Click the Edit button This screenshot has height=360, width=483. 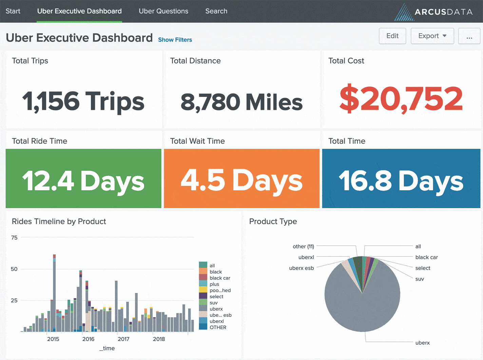392,36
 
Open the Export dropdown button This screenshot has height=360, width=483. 432,36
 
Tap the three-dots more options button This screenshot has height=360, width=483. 469,36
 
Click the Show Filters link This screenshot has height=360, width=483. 175,40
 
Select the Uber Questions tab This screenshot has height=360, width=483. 163,11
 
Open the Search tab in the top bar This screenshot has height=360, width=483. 216,11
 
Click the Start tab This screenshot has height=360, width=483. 13,11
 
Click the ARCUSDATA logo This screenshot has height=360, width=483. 434,12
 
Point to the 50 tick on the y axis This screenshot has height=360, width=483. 14,269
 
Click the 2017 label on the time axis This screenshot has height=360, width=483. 123,339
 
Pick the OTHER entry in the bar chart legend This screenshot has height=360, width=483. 218,327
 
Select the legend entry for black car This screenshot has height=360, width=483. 220,278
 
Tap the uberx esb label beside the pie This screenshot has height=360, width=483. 301,268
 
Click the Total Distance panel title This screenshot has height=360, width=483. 195,61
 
